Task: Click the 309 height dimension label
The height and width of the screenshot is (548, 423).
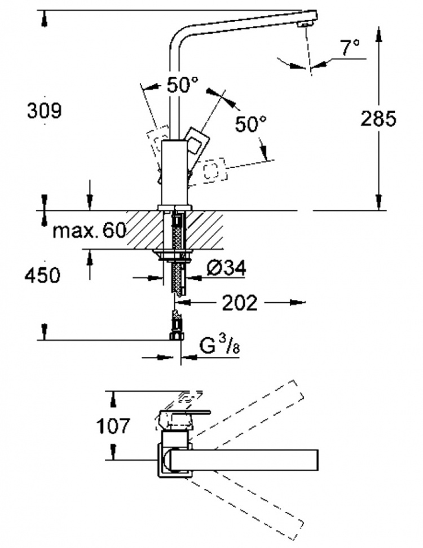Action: pos(45,111)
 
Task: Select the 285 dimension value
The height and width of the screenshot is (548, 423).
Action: pos(378,118)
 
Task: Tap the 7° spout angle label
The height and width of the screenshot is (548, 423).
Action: pos(350,47)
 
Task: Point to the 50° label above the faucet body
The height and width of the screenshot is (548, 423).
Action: pos(182,85)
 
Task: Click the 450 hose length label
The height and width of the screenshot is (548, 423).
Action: pos(42,275)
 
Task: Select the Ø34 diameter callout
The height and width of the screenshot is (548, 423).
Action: pos(226,268)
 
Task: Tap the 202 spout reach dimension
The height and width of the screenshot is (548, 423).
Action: pos(240,303)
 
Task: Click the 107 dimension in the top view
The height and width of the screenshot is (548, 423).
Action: pos(113,426)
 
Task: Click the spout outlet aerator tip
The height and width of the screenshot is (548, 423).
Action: pos(305,24)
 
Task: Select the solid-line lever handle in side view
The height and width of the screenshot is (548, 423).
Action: pos(197,142)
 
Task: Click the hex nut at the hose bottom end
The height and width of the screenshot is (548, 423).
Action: pos(177,337)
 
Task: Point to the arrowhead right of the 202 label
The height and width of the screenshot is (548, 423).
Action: pos(297,302)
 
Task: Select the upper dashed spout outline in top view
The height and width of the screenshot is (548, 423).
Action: pos(245,412)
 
